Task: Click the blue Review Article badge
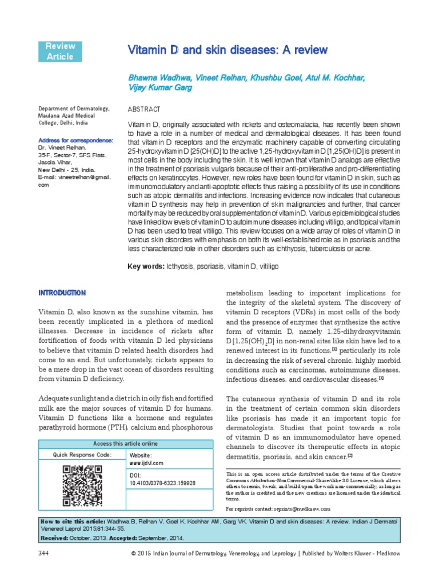tap(59, 51)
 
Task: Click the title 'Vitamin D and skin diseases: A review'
tap(228, 50)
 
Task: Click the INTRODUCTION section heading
tap(62, 293)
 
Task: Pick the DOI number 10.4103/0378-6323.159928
tap(163, 483)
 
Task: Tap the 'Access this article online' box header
tap(125, 444)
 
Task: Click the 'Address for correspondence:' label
tap(75, 141)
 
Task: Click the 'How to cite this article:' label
tap(72, 522)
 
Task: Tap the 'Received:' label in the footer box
tap(55, 537)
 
